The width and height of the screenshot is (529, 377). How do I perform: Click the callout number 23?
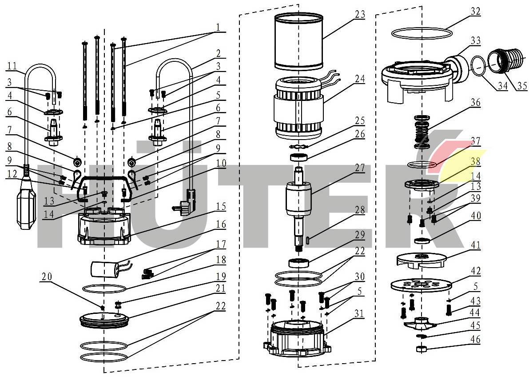pyautogui.click(x=360, y=14)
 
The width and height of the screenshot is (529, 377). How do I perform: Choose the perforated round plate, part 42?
pyautogui.click(x=420, y=286)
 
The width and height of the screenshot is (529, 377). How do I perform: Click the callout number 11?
pyautogui.click(x=11, y=67)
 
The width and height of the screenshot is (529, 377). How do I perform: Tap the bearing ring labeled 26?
pyautogui.click(x=299, y=156)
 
